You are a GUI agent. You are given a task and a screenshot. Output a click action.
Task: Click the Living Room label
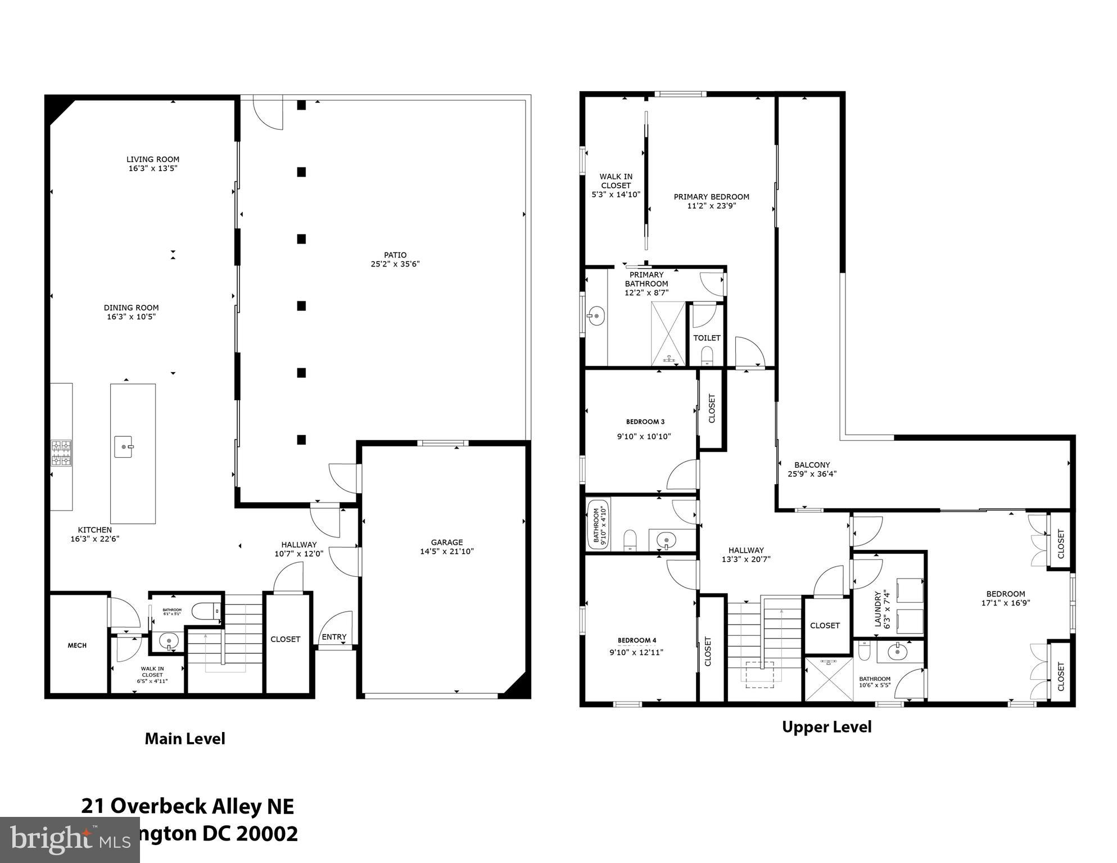click(152, 160)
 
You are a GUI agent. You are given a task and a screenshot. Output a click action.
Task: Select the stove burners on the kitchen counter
click(61, 453)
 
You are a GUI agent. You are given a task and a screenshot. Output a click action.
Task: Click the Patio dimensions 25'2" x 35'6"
click(395, 264)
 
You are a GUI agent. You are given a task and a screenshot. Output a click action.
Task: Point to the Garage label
click(447, 543)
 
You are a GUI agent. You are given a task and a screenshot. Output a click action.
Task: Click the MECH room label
click(77, 645)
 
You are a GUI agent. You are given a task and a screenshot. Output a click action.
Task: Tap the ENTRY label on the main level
click(334, 637)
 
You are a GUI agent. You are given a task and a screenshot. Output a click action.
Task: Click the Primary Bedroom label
click(711, 197)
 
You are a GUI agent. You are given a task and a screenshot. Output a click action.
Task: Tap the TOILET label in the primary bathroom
click(707, 338)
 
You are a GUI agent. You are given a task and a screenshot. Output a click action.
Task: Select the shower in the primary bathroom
click(668, 334)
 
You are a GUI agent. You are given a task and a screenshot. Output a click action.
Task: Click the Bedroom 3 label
click(645, 422)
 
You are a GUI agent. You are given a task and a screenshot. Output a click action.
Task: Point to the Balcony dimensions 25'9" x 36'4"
click(812, 474)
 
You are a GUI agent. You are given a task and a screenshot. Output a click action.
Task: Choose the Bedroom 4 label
click(637, 640)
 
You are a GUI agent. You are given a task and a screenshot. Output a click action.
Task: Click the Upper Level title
click(826, 727)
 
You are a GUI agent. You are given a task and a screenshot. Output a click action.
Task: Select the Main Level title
click(185, 739)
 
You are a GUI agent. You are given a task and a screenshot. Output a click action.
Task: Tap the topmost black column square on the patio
click(301, 105)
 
